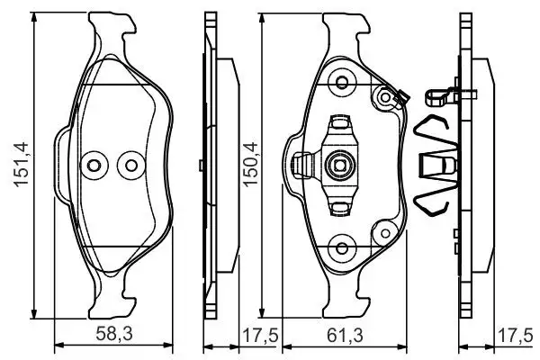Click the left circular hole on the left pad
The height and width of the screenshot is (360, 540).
(93, 165)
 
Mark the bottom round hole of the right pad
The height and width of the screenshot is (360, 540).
(341, 249)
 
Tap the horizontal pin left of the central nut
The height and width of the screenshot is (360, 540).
(306, 164)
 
